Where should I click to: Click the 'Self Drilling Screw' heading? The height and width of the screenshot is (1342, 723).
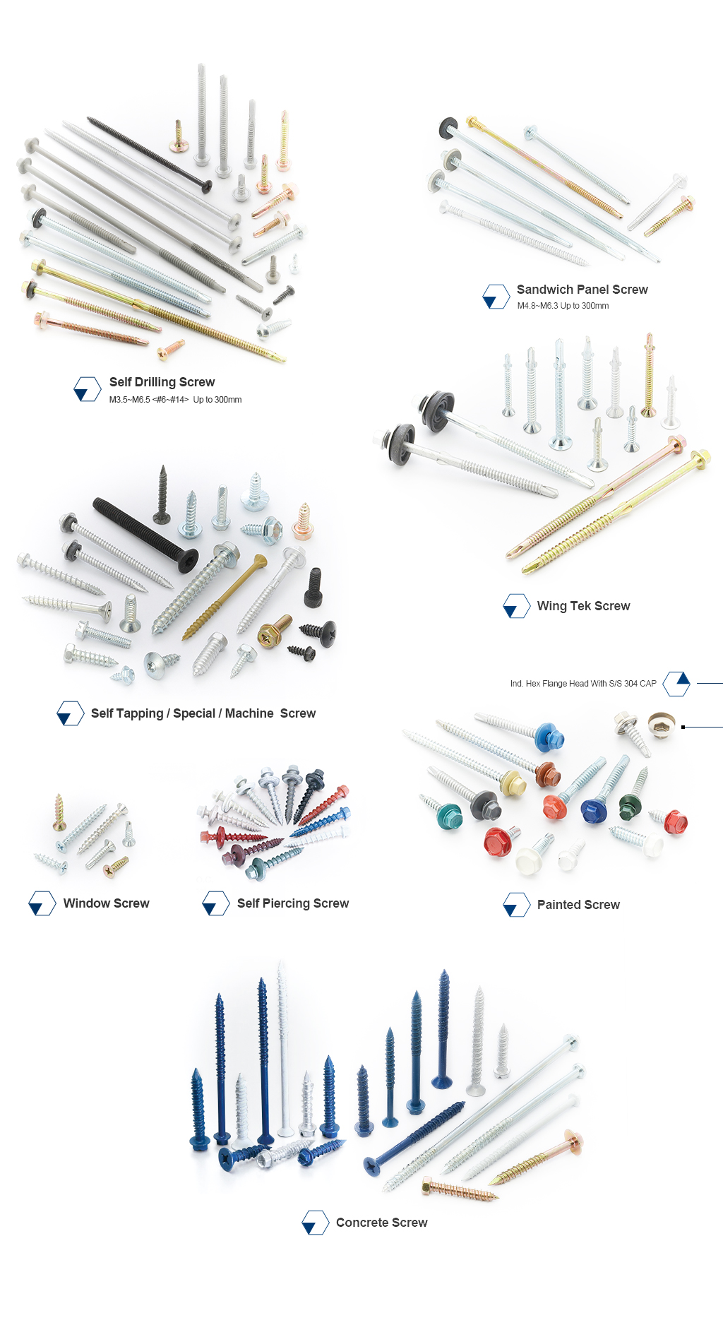[162, 382]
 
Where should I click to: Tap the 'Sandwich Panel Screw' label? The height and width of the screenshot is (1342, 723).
[582, 290]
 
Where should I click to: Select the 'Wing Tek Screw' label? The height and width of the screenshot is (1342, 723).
[583, 606]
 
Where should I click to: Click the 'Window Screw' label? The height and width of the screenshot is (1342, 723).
[106, 903]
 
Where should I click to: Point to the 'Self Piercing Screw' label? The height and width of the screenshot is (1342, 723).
[292, 903]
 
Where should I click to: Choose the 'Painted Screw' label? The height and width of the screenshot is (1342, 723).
[578, 905]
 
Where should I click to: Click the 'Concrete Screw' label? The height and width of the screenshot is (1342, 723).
[381, 1223]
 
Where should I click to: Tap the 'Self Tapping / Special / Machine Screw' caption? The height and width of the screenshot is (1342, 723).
[203, 713]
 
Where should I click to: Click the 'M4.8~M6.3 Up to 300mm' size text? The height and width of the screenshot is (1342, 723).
[563, 306]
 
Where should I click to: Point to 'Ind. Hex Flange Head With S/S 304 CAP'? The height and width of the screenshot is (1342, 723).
[583, 684]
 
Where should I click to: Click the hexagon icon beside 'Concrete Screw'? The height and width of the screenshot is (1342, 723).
[315, 1223]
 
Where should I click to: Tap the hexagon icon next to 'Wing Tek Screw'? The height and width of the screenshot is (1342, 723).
[516, 606]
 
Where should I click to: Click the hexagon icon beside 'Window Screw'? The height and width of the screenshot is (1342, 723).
[42, 903]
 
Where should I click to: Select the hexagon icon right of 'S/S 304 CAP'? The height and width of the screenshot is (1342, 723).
[676, 684]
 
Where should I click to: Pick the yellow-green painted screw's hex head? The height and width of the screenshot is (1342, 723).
[513, 783]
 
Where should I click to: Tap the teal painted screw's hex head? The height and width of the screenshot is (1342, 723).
[448, 817]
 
